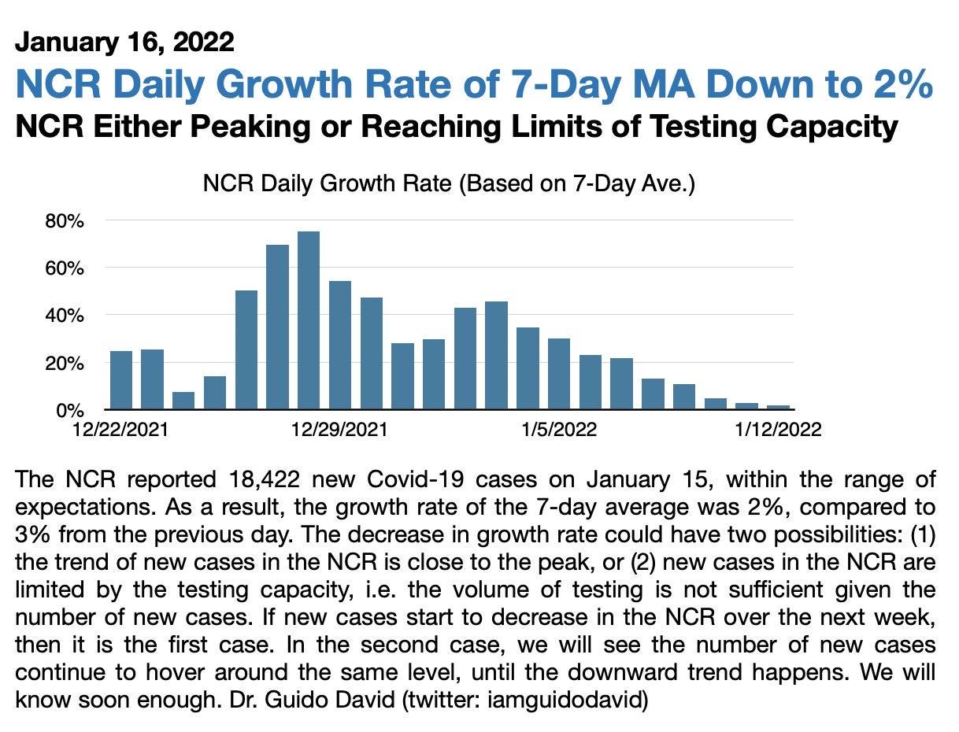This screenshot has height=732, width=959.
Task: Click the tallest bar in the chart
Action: coord(309,320)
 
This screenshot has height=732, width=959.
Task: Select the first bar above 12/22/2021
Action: coord(121,380)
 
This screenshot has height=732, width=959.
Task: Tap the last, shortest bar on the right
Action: coord(778,407)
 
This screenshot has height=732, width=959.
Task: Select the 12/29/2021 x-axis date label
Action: coord(339,430)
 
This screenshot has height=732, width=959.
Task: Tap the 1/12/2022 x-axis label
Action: coord(778,430)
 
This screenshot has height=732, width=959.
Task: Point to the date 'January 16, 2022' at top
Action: coord(124,41)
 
